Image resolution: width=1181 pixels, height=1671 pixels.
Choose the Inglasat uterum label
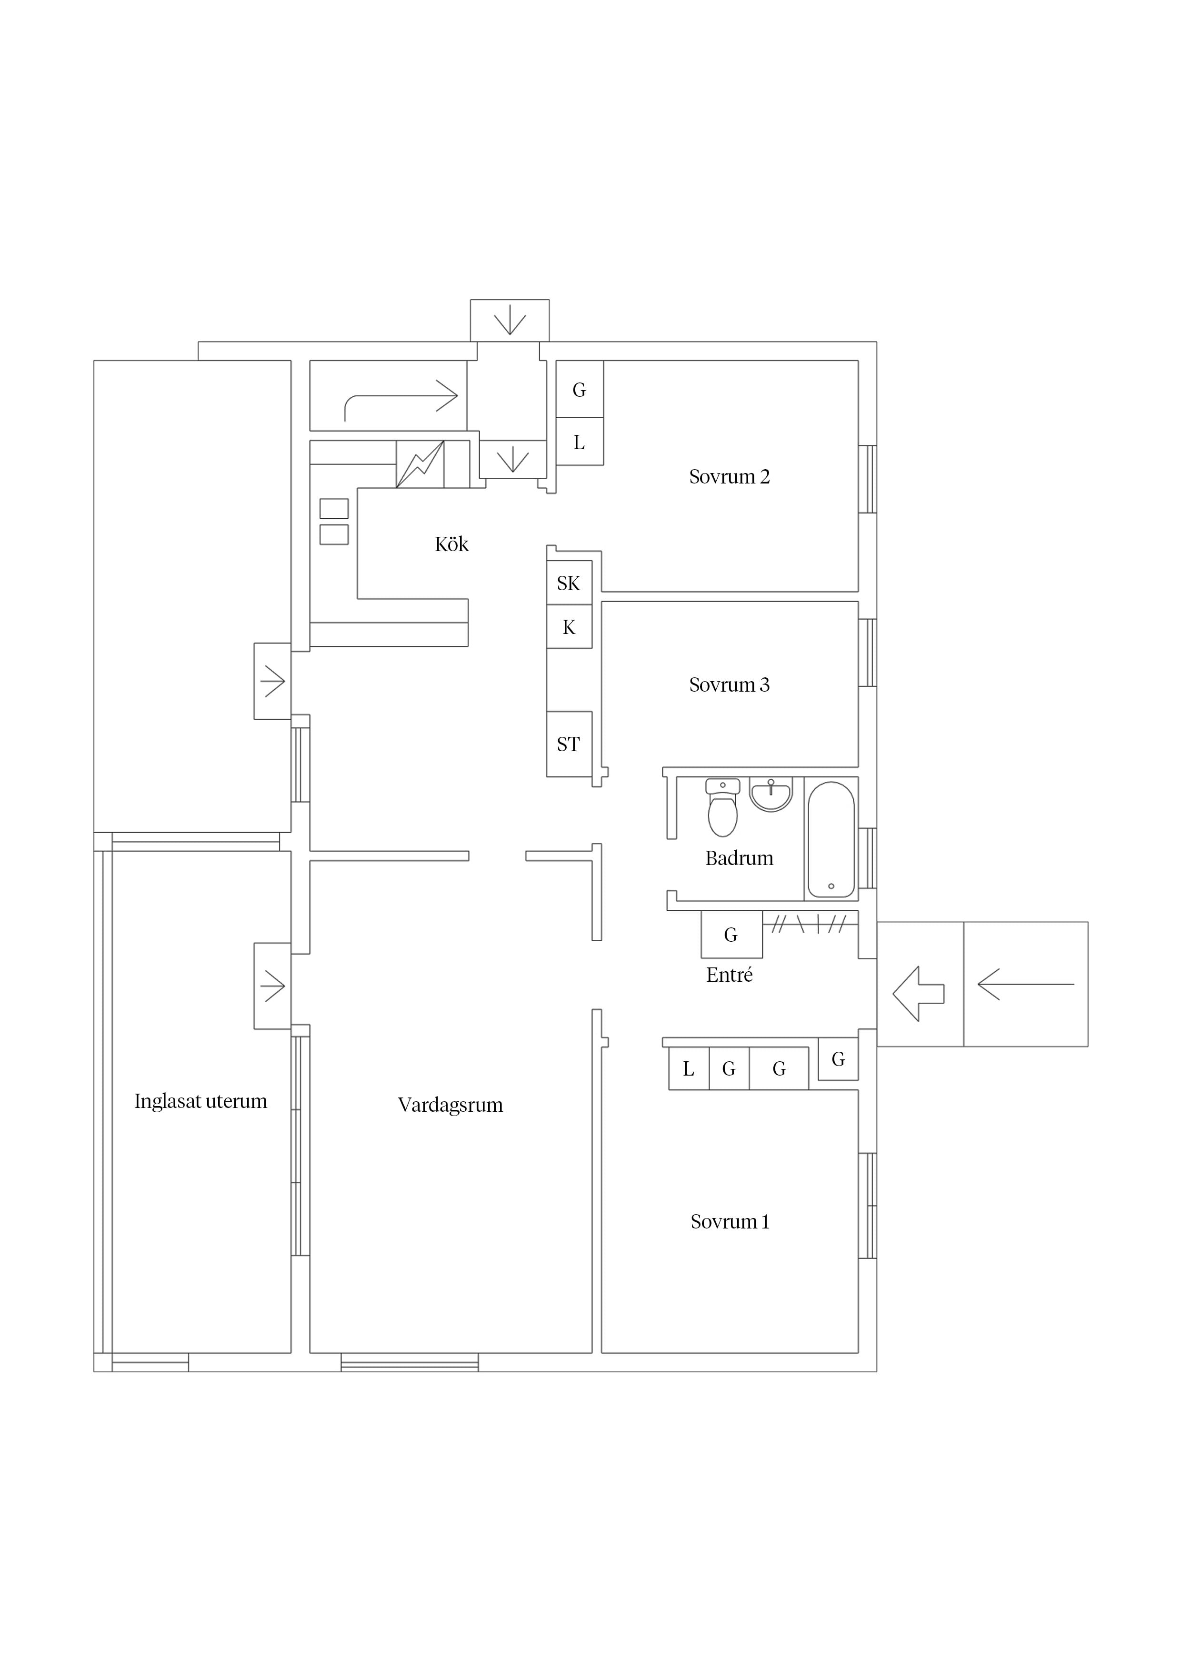click(201, 1101)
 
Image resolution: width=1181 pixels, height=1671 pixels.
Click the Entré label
click(729, 975)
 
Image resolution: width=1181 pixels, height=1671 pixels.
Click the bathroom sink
click(771, 795)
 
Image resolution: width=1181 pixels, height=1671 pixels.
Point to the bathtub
click(831, 839)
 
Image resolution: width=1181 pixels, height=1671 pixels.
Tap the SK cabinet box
click(569, 583)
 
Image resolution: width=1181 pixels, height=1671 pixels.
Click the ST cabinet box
click(569, 744)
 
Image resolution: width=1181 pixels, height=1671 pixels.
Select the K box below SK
click(569, 627)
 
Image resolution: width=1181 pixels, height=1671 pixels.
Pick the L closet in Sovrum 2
click(579, 442)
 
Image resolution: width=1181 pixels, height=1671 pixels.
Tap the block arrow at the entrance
click(918, 994)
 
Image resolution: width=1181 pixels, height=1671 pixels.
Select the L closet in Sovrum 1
click(689, 1068)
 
